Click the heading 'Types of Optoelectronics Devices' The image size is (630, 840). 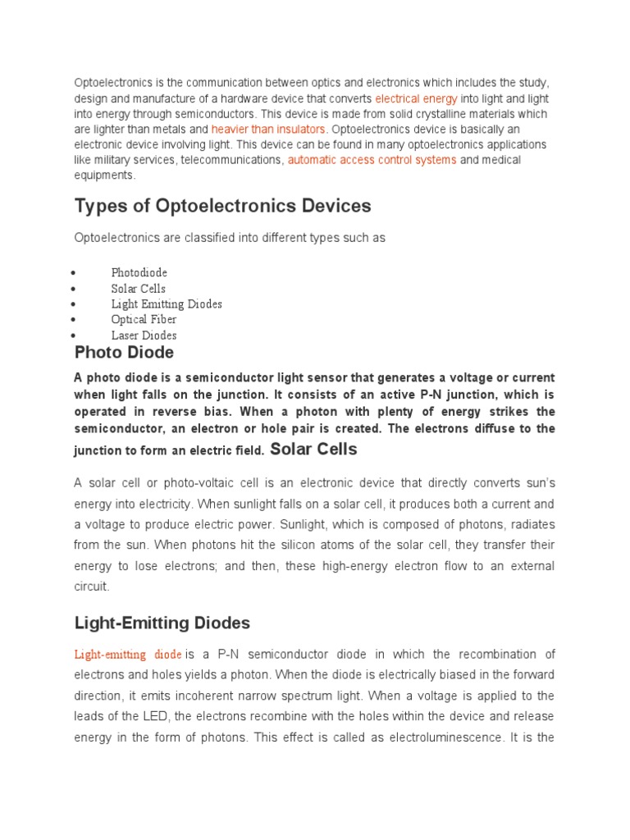coord(222,206)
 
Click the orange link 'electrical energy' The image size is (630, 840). coord(416,98)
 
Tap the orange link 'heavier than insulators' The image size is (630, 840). coord(268,130)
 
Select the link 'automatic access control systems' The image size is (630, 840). coord(372,160)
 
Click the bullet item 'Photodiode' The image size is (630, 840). coord(139,272)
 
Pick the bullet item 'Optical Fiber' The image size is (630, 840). coord(144,320)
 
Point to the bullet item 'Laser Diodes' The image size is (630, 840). coord(144,336)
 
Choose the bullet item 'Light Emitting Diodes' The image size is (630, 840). coord(167,304)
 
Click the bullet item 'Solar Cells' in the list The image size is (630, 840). coord(138,289)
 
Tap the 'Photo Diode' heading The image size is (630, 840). coord(124,353)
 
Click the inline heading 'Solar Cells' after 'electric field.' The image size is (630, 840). coord(313,449)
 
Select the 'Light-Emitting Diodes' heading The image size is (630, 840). coord(162,623)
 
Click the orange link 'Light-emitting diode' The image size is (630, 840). coord(128,655)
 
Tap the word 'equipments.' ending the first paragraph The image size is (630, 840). coord(104,176)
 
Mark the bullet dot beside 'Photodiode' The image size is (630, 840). coord(74,273)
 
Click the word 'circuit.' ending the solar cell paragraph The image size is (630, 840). coord(92,587)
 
